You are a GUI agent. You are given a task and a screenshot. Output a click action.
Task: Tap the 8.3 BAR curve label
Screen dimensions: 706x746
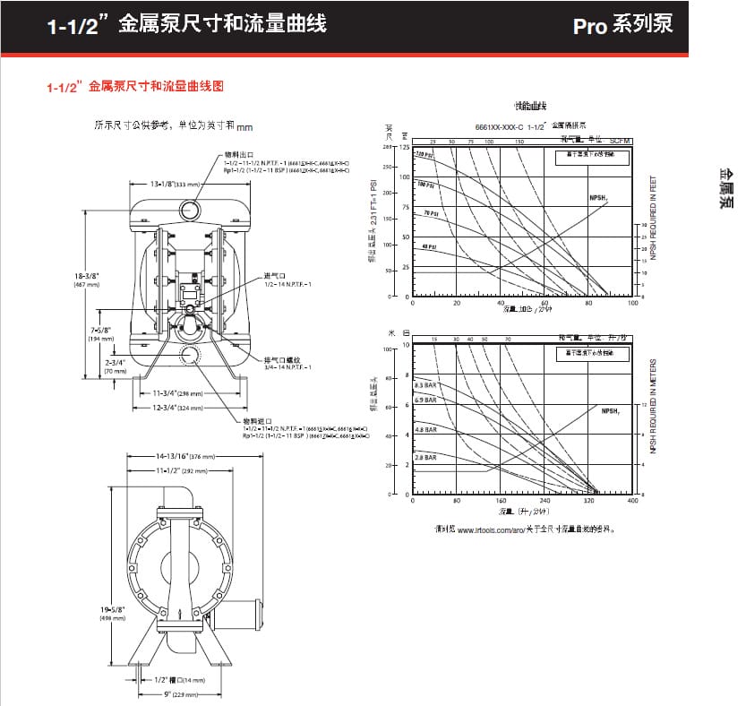(424, 385)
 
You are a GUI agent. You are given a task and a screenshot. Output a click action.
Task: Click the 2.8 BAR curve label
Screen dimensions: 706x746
(424, 457)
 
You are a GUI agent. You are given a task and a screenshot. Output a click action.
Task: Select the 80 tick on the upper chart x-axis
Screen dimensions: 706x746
(588, 303)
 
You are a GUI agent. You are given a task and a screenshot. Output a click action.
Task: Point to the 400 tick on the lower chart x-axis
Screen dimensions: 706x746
(633, 502)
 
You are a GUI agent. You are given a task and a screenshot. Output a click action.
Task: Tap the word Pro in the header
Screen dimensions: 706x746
(592, 25)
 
